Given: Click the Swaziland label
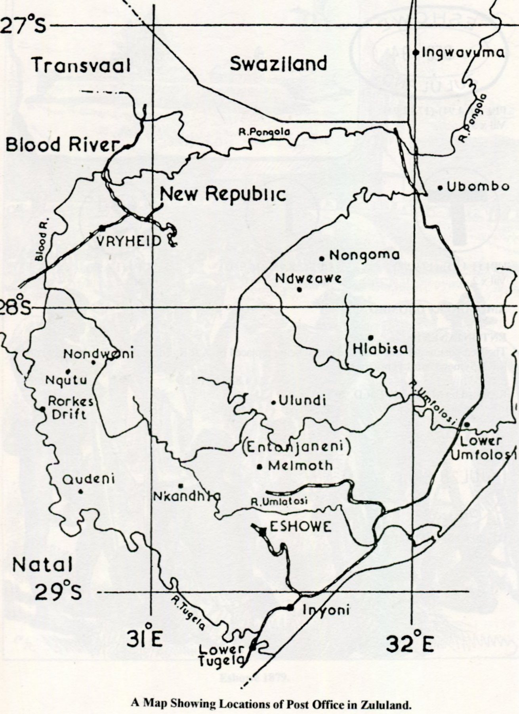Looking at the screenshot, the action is [279, 63].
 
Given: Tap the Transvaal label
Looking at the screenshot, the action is [81, 65].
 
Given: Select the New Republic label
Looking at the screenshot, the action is [223, 194].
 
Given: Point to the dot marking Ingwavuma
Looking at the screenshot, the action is [416, 52].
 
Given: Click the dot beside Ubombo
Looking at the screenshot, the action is [440, 188].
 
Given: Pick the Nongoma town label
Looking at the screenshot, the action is [364, 256].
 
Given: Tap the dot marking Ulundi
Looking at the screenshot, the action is [273, 403].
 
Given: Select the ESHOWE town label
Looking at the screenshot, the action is [300, 527].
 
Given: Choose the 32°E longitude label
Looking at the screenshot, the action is [410, 645].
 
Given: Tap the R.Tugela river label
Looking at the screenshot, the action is [188, 613].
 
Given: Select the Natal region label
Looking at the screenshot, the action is [42, 564].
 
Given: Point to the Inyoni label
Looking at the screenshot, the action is [326, 610].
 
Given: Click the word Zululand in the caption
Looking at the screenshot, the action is [384, 704].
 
